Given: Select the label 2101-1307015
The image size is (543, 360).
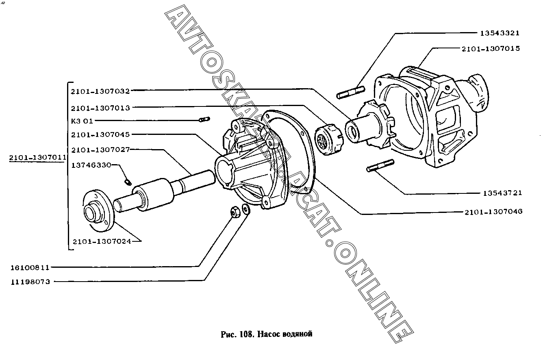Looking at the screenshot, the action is (491, 49).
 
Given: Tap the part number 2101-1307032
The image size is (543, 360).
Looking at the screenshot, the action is (100, 91).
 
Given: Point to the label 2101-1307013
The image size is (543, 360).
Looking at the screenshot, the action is (100, 108).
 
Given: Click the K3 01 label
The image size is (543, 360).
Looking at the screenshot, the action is (82, 121).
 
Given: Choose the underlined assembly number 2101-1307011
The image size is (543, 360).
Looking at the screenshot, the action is (37, 158).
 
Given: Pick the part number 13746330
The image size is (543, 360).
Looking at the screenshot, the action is (91, 165).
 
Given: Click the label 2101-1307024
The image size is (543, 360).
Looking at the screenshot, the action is (102, 241).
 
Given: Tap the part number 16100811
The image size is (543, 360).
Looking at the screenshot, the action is (30, 268).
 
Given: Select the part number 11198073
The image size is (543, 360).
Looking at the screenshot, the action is (30, 282).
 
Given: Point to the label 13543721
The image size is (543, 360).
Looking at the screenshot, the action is (502, 193).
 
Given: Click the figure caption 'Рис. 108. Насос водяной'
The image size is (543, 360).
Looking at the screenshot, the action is (266, 334).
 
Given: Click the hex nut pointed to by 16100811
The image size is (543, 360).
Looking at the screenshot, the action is (235, 212).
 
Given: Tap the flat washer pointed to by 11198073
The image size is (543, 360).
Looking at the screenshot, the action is (246, 209).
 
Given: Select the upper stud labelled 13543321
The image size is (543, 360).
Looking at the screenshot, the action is (351, 93).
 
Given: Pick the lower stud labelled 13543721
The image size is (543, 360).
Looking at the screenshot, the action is (380, 165).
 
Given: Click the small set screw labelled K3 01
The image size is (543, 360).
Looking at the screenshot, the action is (204, 119).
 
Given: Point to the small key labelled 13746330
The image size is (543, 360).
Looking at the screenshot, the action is (128, 182).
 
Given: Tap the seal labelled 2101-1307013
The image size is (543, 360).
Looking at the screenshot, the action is (329, 139).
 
